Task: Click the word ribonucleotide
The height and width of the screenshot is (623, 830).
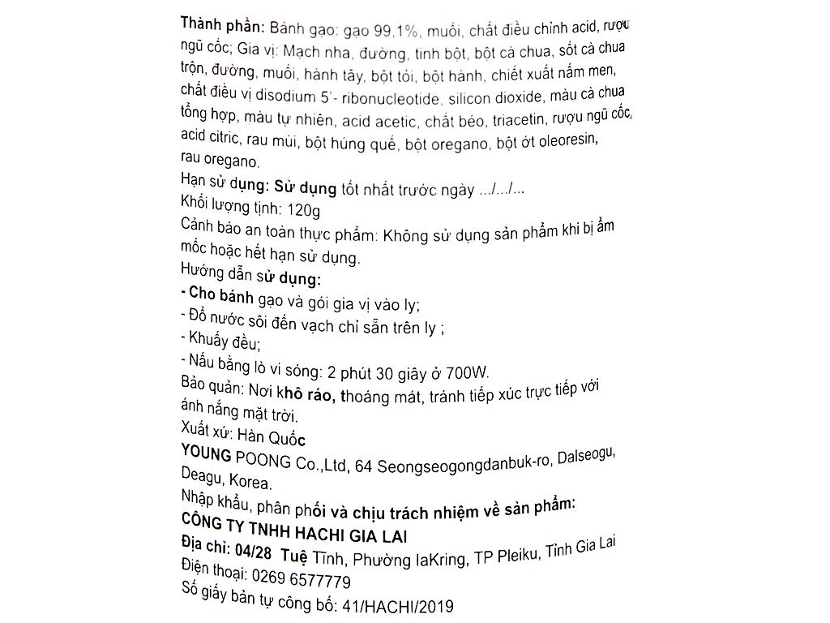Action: pos(385,99)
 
